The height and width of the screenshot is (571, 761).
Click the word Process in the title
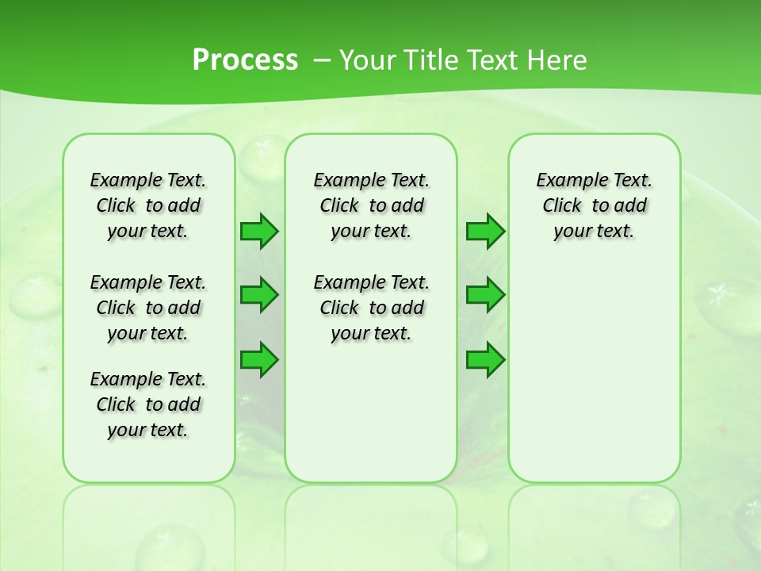coord(245,59)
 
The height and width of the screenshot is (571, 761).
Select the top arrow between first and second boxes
coord(259,231)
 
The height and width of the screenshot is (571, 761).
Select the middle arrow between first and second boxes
coord(259,295)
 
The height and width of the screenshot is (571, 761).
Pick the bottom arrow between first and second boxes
coord(259,360)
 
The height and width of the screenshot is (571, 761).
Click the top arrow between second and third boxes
coord(485,231)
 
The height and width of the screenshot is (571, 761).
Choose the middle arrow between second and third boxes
coord(485,295)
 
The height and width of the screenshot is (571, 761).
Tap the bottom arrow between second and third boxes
coord(485,360)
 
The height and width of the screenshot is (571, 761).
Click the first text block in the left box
coord(148,205)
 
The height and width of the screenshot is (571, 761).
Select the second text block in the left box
coord(148,308)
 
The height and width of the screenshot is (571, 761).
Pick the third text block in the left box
coord(148,404)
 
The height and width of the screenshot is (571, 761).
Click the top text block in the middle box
coord(371,205)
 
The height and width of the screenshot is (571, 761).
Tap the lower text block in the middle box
coord(371,308)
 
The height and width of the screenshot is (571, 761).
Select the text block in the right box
coord(595,205)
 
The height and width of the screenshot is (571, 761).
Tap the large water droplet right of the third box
coord(725,301)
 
